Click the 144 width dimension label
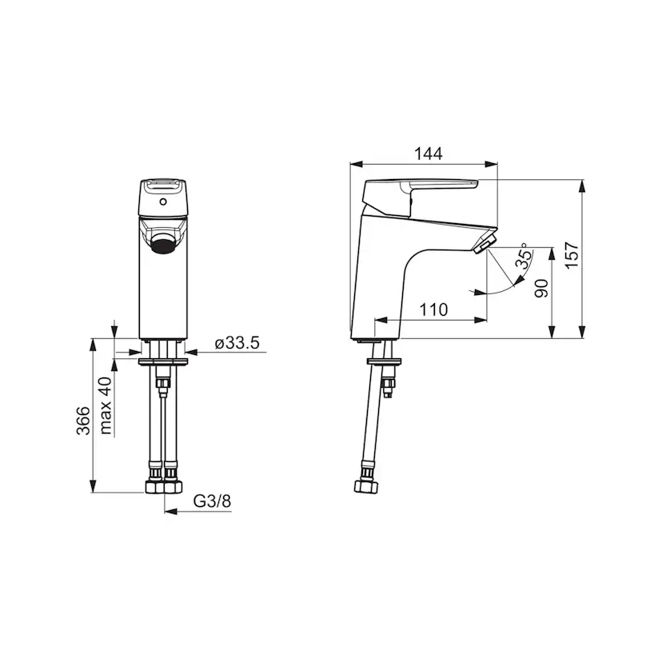(428, 154)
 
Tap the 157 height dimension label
(572, 254)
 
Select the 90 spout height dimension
(541, 289)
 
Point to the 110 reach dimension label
(433, 310)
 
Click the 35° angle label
(524, 257)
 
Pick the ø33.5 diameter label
(237, 343)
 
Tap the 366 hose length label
(83, 421)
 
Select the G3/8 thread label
(213, 501)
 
